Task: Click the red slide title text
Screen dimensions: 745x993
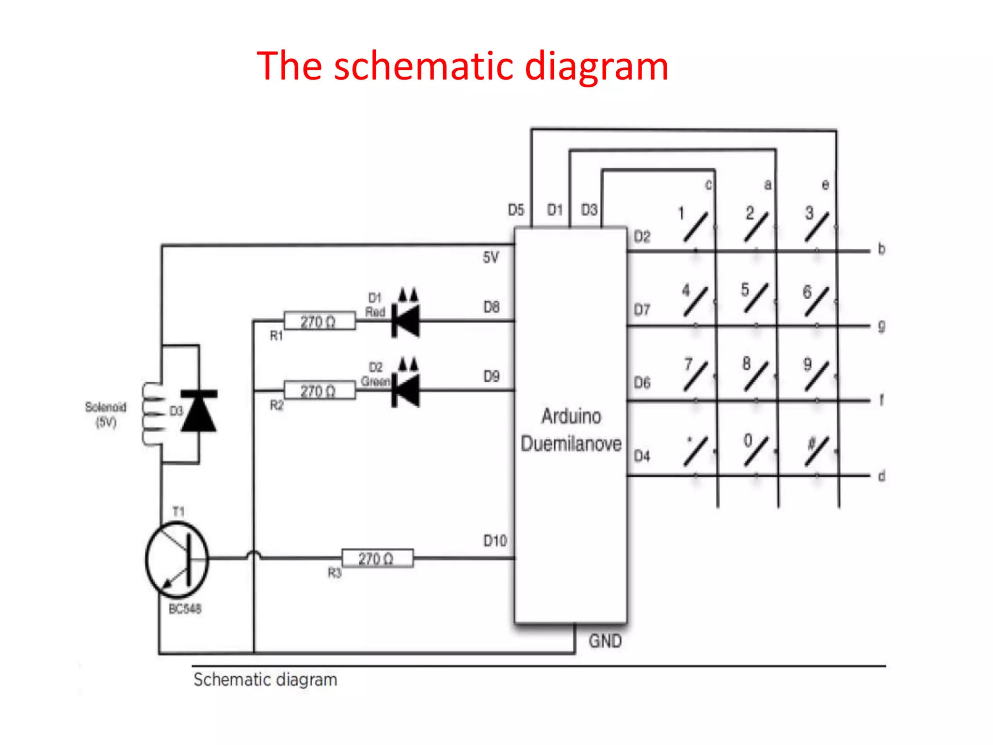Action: (462, 66)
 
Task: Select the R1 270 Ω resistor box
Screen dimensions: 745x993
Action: (319, 321)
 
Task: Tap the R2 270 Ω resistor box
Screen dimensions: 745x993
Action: (319, 390)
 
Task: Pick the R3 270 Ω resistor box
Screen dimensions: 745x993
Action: (377, 558)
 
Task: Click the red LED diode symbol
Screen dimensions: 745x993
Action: (406, 320)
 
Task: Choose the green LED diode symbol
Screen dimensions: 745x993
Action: (406, 390)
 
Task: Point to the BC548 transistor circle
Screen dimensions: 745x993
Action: (177, 559)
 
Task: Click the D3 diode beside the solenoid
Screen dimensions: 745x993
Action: (199, 410)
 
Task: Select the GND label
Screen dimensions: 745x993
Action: (605, 641)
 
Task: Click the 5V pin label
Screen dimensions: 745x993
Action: (491, 257)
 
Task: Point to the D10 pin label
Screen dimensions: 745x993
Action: (495, 541)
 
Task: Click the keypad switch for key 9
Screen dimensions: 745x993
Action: (817, 376)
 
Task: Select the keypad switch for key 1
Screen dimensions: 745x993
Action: (696, 226)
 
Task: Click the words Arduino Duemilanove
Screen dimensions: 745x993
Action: (571, 430)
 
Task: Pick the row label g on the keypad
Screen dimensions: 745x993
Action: (881, 326)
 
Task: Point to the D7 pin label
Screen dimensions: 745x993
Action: (642, 309)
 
